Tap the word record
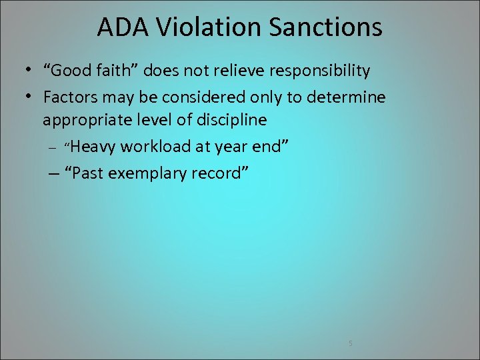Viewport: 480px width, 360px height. coord(220,174)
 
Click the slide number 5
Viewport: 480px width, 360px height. coord(350,343)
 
